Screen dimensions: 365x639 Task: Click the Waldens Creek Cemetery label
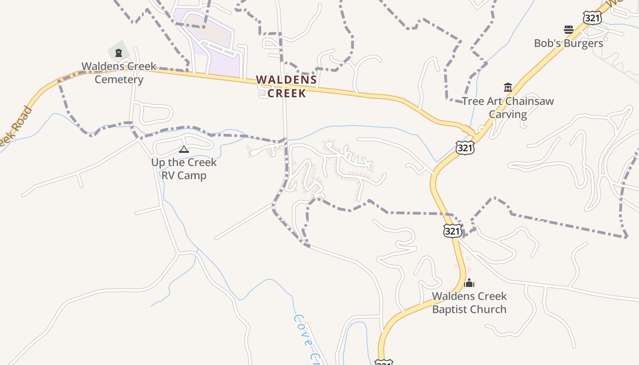(x=119, y=73)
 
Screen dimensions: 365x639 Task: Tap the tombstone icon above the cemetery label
(x=119, y=53)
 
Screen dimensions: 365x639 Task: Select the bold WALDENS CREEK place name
(x=286, y=86)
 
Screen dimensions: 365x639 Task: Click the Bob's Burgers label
(x=568, y=43)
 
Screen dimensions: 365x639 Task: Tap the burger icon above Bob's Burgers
(x=568, y=30)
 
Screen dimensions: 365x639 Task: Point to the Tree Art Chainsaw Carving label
(x=508, y=108)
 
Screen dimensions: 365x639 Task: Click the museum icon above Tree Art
(x=508, y=87)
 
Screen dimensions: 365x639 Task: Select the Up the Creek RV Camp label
(x=184, y=169)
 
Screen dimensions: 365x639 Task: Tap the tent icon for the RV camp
(x=183, y=149)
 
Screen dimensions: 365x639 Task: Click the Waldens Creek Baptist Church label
(x=469, y=302)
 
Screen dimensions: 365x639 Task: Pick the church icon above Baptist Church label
(x=469, y=283)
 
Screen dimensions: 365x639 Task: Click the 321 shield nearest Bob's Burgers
(x=592, y=18)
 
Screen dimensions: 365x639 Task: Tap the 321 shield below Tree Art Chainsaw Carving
(x=465, y=147)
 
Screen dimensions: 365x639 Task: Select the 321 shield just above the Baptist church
(x=452, y=231)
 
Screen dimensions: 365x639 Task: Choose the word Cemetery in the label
(x=119, y=79)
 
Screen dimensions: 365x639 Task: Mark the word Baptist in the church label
(x=449, y=309)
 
